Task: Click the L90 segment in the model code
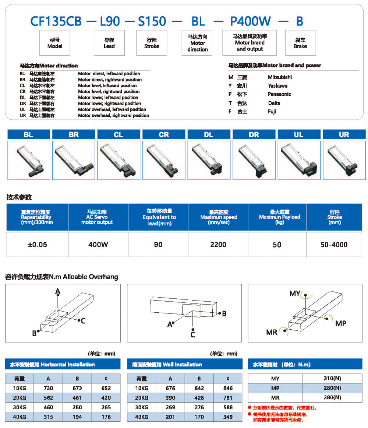pyautogui.click(x=110, y=21)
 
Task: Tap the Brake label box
pyautogui.click(x=300, y=43)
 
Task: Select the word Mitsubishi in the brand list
pyautogui.click(x=280, y=77)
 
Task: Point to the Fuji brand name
pyautogui.click(x=272, y=112)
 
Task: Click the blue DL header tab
pyautogui.click(x=209, y=135)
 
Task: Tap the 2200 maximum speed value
pyautogui.click(x=218, y=245)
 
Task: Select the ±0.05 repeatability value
pyautogui.click(x=38, y=245)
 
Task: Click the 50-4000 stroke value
pyautogui.click(x=334, y=245)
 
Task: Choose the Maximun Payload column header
pyautogui.click(x=277, y=217)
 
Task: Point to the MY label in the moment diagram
pyautogui.click(x=295, y=294)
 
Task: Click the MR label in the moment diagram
pyautogui.click(x=272, y=332)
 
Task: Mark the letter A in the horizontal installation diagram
pyautogui.click(x=58, y=292)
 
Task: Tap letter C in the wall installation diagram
pyautogui.click(x=192, y=334)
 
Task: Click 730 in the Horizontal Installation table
pyautogui.click(x=48, y=388)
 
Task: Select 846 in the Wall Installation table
pyautogui.click(x=228, y=388)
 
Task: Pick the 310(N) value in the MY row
pyautogui.click(x=332, y=378)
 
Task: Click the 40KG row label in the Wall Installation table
pyautogui.click(x=142, y=417)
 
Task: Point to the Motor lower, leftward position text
pyautogui.click(x=108, y=98)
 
